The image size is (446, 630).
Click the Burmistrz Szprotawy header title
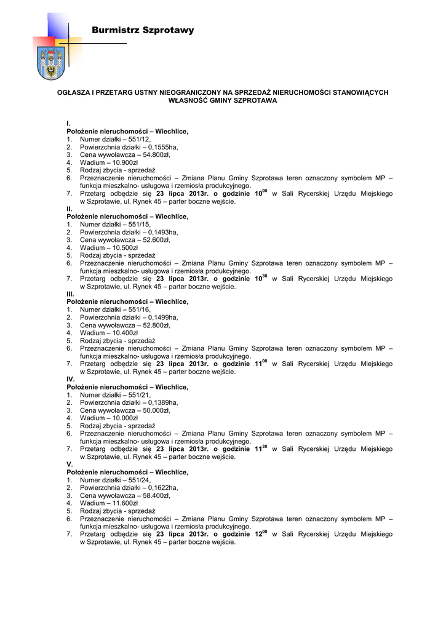point(142,30)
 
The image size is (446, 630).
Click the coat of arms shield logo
point(47,63)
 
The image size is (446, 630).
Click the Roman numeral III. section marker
point(70,294)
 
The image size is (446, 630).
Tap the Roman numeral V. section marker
point(70,465)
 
